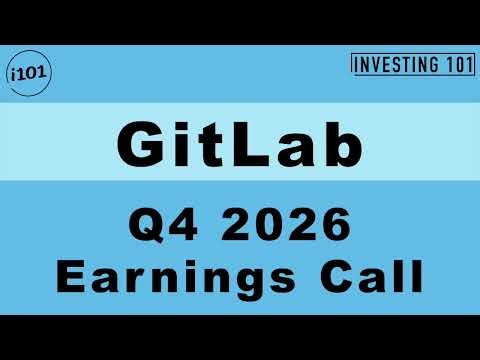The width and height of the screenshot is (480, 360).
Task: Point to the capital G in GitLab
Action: (141, 146)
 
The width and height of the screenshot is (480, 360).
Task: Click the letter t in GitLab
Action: (208, 146)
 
